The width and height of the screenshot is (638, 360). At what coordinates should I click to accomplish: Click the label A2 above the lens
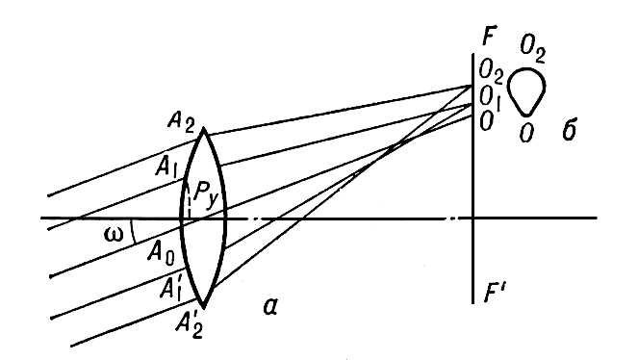tap(179, 120)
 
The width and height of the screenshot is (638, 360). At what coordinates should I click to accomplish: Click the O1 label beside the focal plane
tap(493, 96)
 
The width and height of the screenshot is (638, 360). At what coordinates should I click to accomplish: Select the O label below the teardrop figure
tap(526, 132)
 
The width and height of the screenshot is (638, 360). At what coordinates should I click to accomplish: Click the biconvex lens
tap(204, 218)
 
